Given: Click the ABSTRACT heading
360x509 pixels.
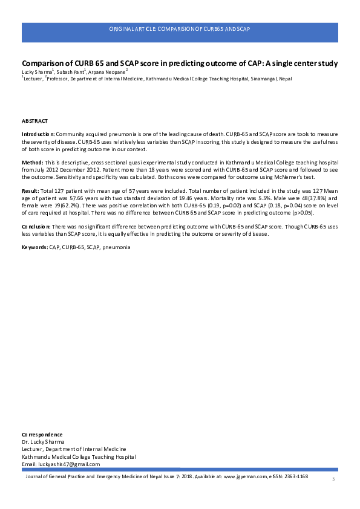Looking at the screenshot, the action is point(34,121).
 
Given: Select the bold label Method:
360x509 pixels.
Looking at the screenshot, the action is point(32,163).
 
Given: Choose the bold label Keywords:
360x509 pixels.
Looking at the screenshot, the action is point(35,248).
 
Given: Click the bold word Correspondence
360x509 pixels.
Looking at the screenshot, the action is point(42,435).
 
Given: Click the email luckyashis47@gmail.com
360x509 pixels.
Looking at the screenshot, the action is point(66,463).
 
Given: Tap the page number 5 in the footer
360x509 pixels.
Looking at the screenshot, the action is point(333,479).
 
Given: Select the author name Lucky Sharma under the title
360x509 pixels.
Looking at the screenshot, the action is point(36,72).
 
